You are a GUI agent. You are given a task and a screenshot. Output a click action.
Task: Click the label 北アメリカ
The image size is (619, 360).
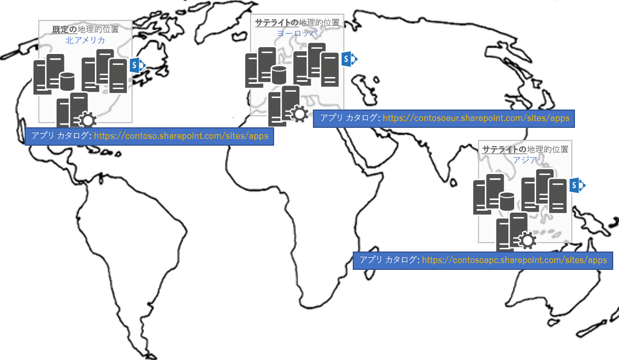pos(85,40)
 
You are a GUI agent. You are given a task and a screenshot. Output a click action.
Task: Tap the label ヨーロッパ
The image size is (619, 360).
pos(297,33)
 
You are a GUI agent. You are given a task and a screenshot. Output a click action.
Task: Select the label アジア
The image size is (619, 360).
pos(525,160)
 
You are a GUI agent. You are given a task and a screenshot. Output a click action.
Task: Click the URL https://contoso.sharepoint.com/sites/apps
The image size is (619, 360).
pos(181,136)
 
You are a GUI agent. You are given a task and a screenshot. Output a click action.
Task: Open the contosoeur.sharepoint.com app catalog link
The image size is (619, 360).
pos(476,118)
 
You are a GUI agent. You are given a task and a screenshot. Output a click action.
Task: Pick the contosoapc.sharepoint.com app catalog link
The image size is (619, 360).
pos(514,260)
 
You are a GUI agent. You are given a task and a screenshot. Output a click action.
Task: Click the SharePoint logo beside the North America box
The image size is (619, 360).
pos(137,65)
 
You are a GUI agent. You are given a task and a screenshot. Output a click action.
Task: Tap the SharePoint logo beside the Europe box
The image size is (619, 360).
pos(350,59)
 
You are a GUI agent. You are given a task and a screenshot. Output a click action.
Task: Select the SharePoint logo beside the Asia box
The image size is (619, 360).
pos(577,185)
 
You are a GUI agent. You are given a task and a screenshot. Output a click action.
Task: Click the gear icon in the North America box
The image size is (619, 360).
pos(87,120)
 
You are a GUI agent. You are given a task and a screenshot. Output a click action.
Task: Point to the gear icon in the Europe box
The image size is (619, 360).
pos(300,114)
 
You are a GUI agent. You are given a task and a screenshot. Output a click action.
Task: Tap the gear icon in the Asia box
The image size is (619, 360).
pos(527,241)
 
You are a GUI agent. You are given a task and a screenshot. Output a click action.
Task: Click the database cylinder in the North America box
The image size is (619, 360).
pos(67,81)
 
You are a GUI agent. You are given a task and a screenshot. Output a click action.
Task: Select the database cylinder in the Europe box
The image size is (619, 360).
pos(279,75)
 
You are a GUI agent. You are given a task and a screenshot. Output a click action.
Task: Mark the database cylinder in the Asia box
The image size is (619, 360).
pos(506,201)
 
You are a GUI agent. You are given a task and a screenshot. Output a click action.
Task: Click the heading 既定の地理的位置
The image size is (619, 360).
pos(85,29)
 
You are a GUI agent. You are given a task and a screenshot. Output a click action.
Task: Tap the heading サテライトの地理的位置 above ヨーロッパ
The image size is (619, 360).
pos(297,23)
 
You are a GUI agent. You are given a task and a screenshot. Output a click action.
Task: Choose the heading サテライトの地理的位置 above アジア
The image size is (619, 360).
pos(525,149)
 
